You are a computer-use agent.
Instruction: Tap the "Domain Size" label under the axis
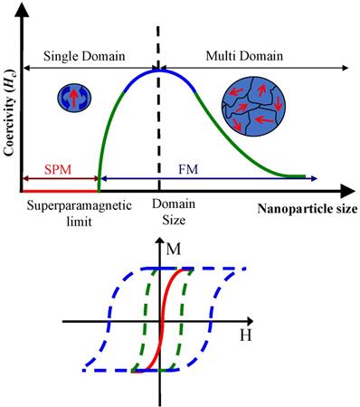167,213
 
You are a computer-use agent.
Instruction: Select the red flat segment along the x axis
59,191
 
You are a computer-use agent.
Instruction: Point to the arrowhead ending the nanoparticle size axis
347,191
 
